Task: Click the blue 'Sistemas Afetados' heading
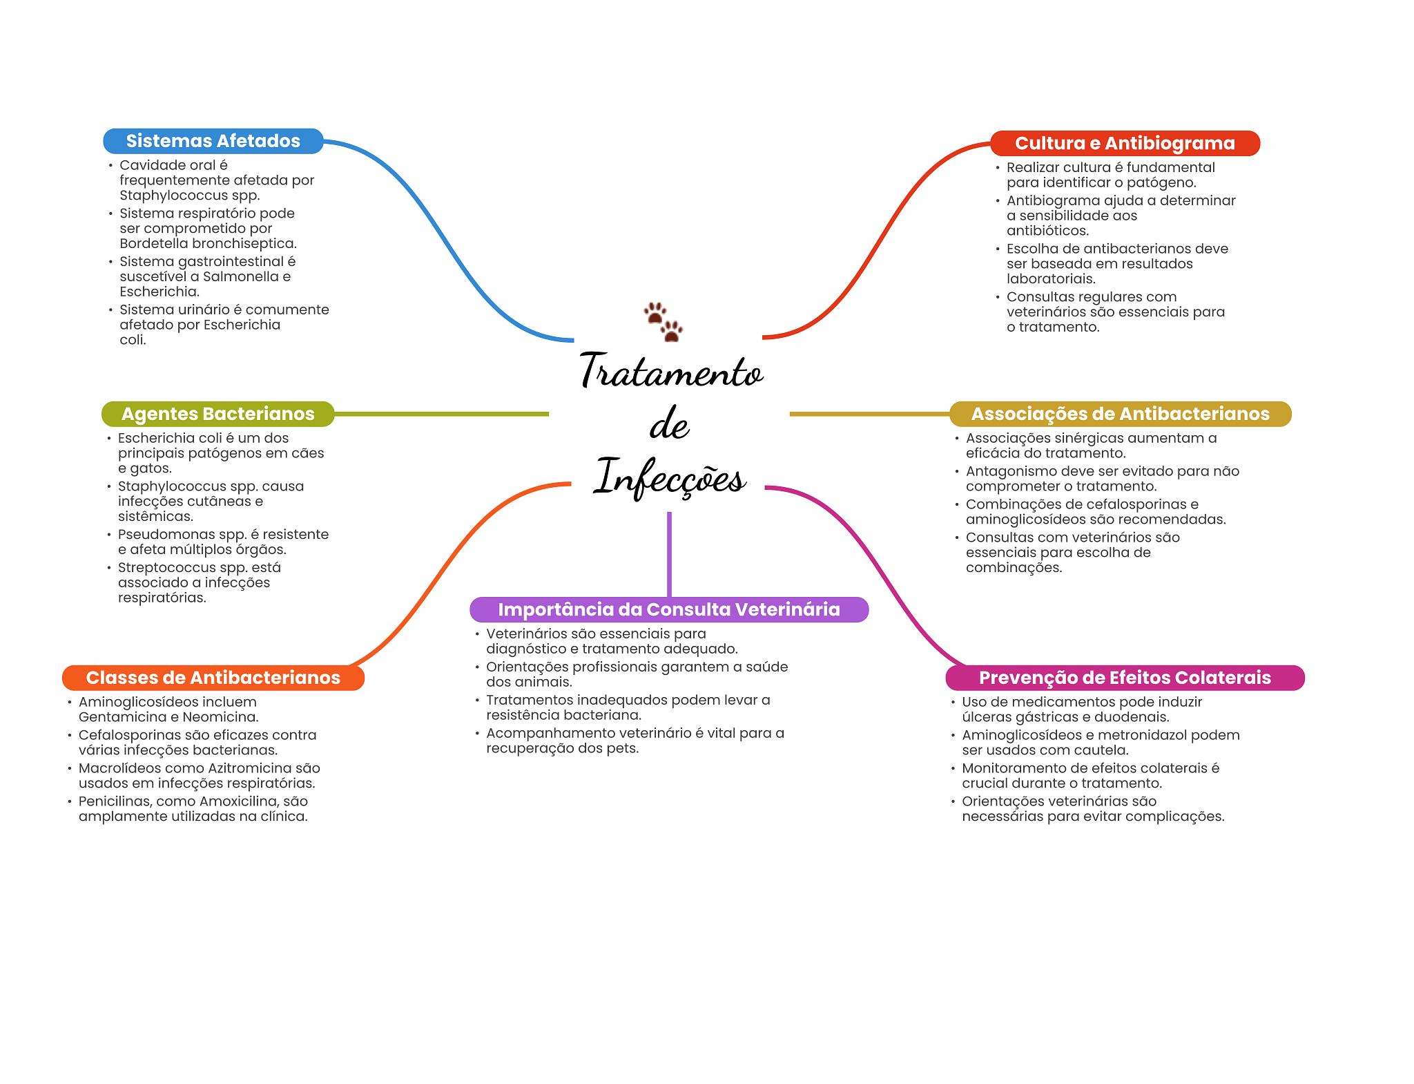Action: pos(213,141)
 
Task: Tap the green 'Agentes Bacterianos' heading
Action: pos(217,414)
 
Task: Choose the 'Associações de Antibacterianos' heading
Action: pos(1120,414)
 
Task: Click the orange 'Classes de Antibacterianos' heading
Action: pos(213,678)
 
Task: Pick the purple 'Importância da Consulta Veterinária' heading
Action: pos(668,609)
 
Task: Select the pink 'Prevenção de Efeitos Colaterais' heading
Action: pos(1124,678)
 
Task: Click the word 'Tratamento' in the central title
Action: pos(671,371)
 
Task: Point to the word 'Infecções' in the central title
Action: pos(670,477)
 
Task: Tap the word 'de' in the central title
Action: pos(669,424)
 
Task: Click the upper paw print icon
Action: pos(655,313)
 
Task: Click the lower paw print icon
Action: pos(671,331)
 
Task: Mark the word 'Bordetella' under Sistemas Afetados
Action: pos(153,243)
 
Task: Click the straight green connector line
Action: pos(442,414)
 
